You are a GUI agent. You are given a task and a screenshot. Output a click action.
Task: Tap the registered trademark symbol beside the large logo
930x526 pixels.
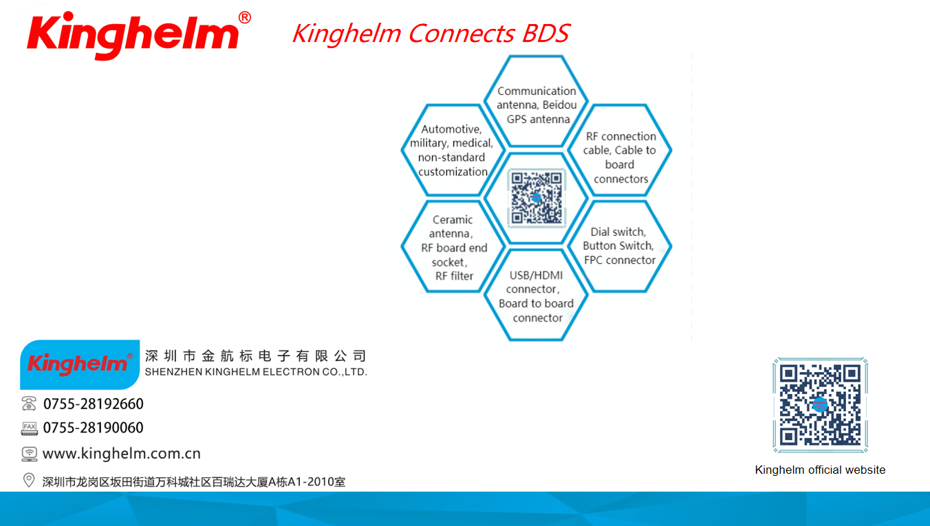point(245,17)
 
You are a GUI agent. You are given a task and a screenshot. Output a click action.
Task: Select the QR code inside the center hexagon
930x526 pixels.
point(537,199)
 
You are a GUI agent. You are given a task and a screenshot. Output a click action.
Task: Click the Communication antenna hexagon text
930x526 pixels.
point(537,105)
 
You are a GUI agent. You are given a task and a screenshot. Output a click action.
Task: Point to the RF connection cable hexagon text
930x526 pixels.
point(620,157)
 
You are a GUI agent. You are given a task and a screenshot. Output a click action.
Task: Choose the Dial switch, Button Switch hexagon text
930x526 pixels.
point(619,245)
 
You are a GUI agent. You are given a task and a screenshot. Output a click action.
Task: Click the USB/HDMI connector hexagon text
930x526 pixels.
point(536,296)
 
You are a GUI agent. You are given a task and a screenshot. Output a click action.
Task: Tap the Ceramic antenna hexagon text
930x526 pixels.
point(453,248)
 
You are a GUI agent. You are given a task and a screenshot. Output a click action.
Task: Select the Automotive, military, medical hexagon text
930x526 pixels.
point(452,151)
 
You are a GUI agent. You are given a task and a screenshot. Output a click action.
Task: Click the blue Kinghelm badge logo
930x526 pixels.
point(80,364)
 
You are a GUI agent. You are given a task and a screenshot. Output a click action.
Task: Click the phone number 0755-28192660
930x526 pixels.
point(94,404)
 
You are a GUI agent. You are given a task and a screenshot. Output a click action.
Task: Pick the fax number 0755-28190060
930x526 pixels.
point(94,428)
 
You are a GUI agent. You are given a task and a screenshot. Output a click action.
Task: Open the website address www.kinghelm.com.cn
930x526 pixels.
point(122,453)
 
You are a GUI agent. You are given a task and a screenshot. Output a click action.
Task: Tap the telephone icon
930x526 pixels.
point(29,404)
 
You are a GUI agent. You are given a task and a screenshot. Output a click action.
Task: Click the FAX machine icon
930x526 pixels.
point(29,428)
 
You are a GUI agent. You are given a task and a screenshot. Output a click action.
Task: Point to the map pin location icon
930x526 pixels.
point(29,481)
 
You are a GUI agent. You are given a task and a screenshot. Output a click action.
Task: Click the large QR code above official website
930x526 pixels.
point(820,405)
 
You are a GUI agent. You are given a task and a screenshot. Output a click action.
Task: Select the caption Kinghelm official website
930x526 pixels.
point(820,470)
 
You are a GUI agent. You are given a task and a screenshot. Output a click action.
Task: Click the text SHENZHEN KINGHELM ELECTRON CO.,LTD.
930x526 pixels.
point(256,372)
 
